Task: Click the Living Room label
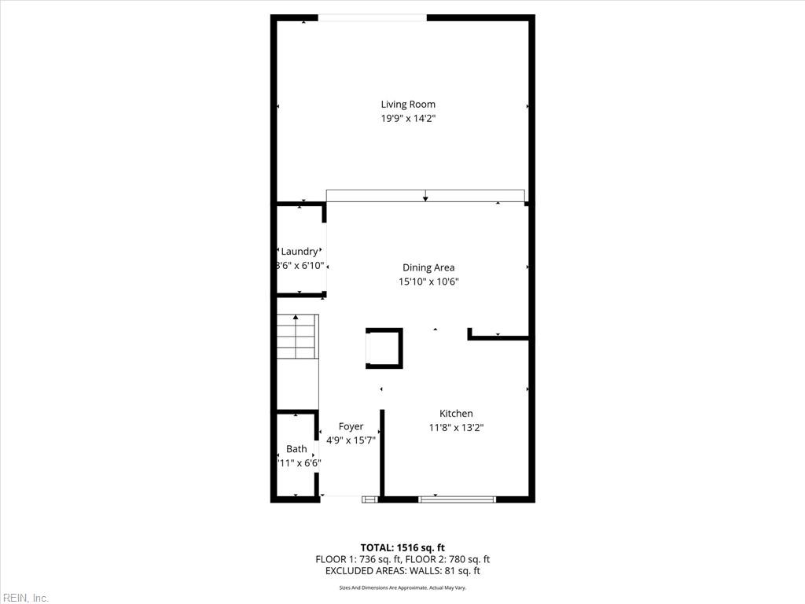[408, 104]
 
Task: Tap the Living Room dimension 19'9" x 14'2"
[408, 119]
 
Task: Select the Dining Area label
[428, 267]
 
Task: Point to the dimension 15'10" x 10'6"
[428, 282]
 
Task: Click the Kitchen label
[456, 414]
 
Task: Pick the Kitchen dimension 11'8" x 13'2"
[456, 428]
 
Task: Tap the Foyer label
[351, 426]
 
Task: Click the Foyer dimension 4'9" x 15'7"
[351, 440]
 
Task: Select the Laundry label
[299, 252]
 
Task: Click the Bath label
[296, 449]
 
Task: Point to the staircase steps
[296, 337]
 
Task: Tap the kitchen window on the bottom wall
[457, 499]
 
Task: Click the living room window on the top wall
[373, 17]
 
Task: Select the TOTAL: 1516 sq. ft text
[402, 547]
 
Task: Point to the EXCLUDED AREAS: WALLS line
[402, 571]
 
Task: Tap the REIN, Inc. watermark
[25, 598]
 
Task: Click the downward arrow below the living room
[425, 196]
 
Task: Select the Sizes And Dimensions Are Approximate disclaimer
[402, 587]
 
